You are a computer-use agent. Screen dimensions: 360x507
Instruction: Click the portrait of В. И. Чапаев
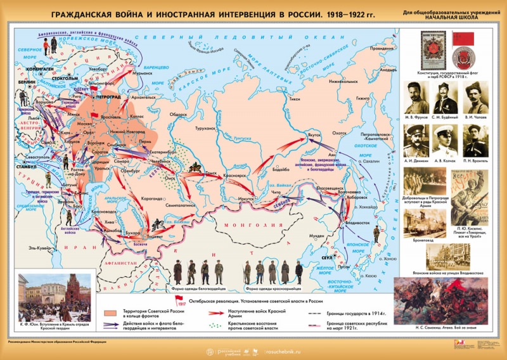477,98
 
